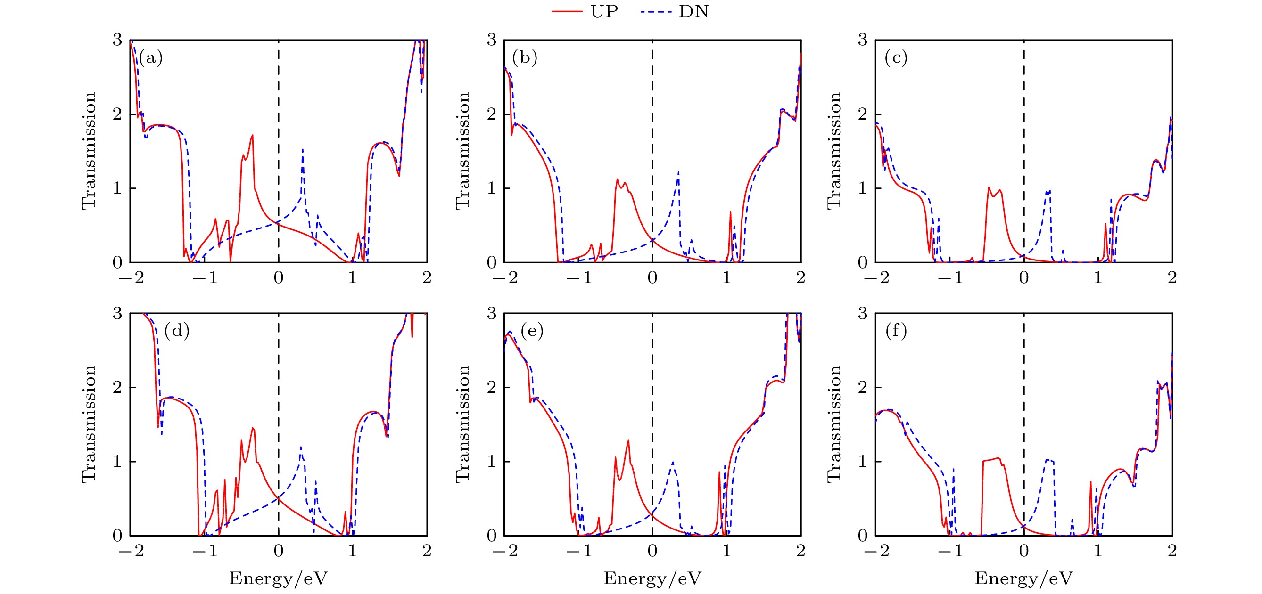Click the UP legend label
(604, 11)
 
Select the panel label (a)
(150, 58)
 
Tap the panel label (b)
(525, 58)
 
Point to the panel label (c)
(896, 58)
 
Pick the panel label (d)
(177, 331)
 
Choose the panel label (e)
(532, 331)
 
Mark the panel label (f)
(896, 331)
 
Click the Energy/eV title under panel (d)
(278, 579)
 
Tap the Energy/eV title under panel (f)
(1023, 579)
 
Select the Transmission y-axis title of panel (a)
(89, 151)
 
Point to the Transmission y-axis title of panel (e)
(463, 424)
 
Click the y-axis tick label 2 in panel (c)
(863, 114)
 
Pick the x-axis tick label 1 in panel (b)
(726, 278)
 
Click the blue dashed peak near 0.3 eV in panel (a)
(303, 150)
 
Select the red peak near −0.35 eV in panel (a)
(253, 136)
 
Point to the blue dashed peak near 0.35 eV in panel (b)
(678, 172)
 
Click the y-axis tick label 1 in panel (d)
(117, 461)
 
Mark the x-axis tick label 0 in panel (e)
(652, 551)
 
